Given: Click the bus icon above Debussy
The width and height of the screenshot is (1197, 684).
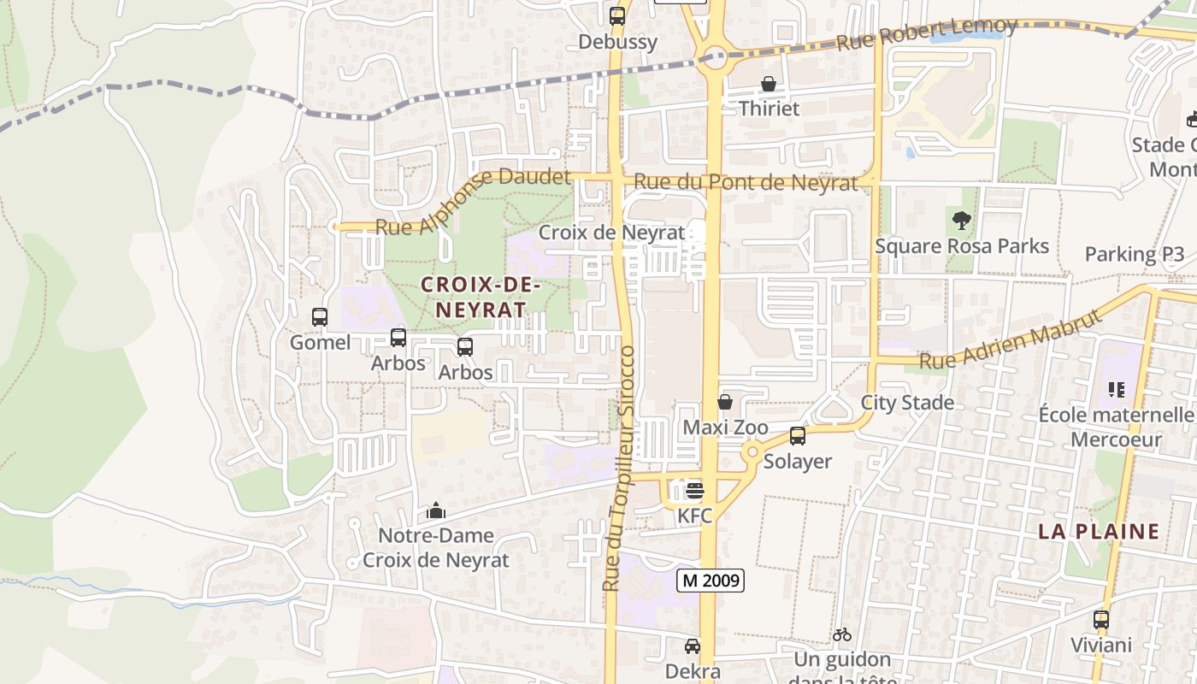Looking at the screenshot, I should click(617, 16).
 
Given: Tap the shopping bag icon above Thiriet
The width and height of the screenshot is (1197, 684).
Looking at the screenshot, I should click(769, 84).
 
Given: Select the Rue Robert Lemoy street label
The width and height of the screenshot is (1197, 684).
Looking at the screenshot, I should click(927, 34).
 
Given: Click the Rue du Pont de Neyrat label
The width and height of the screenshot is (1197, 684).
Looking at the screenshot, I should click(746, 183).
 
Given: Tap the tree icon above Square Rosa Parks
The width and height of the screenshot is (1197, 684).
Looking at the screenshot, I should click(962, 221).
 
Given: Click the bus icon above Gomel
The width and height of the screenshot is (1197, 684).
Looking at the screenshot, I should click(320, 317).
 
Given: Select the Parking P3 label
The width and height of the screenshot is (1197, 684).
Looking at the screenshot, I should click(1135, 254).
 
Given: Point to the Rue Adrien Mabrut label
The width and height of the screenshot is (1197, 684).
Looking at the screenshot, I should click(1010, 339).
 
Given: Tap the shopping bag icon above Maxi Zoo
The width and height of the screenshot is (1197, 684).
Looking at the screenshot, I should click(725, 402).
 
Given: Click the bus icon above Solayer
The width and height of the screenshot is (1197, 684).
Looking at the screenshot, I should click(798, 436).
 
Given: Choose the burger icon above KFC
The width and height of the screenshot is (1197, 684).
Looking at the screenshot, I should click(694, 491).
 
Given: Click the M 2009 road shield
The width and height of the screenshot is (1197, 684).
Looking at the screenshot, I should click(711, 581).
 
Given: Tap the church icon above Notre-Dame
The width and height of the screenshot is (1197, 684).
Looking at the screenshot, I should click(436, 511).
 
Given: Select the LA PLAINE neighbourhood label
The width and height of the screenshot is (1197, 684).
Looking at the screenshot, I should click(1099, 531).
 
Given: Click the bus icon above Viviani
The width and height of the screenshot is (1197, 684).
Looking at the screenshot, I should click(1101, 620).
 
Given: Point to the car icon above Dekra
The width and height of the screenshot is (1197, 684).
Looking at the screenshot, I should click(693, 646).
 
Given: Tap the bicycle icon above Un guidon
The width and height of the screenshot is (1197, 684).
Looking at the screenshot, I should click(842, 634).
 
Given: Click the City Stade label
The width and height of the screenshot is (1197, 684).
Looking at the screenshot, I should click(907, 403).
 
